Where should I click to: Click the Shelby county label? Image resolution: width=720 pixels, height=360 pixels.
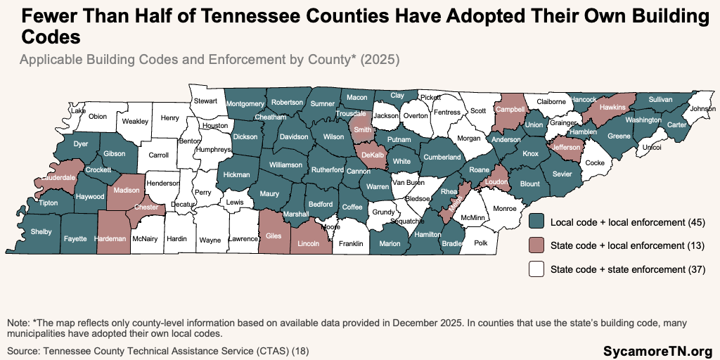click(41, 232)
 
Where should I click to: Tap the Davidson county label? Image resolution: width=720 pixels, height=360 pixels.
click(294, 137)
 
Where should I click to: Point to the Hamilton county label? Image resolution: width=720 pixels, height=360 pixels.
click(427, 234)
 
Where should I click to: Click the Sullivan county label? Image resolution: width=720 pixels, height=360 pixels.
click(661, 100)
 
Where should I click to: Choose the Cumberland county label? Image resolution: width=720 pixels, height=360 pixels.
click(442, 157)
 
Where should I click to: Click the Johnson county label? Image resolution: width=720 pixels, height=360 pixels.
click(702, 109)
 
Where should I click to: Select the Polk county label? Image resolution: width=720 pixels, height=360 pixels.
click(481, 243)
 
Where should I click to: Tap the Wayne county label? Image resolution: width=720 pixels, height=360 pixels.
click(210, 240)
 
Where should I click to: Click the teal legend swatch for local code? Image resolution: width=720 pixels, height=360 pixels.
click(537, 222)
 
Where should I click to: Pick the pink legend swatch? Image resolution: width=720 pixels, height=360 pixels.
click(537, 245)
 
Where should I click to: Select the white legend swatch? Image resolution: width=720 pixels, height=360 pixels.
click(537, 269)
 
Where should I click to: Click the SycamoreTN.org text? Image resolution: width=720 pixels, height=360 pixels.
click(657, 349)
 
